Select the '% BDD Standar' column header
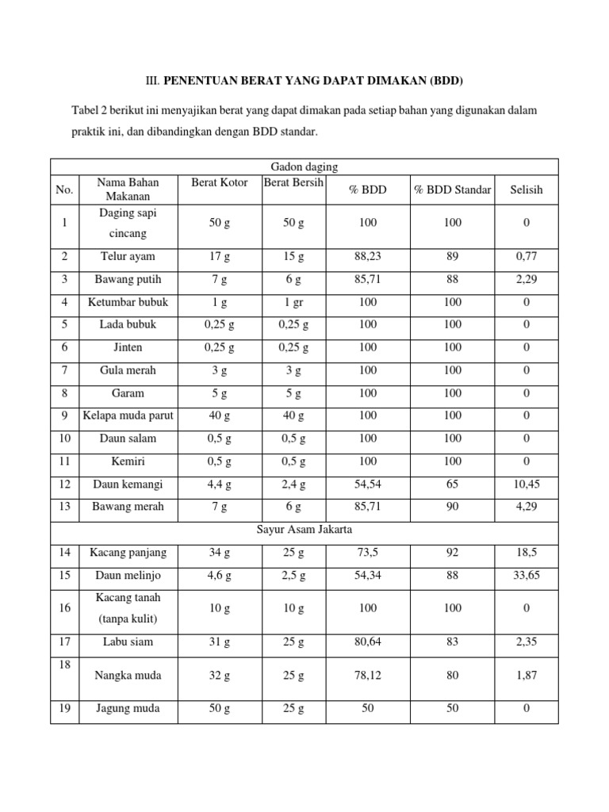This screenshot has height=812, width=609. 452,190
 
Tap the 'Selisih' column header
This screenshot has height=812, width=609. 527,190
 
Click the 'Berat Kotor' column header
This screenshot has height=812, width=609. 220,182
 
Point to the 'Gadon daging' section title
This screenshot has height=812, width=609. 304,167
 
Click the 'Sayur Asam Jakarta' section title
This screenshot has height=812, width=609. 304,530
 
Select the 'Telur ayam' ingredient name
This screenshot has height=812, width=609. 128,256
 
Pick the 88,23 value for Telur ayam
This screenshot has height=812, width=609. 368,256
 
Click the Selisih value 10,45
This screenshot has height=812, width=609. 527,484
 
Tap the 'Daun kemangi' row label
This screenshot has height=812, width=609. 128,484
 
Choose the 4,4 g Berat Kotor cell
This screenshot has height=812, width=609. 220,484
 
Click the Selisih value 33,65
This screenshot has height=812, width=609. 527,575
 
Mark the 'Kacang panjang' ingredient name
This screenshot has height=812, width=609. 128,552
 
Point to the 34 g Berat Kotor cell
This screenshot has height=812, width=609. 220,552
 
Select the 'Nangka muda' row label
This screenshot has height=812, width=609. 128,676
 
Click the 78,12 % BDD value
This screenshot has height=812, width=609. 368,676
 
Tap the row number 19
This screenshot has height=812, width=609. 64,709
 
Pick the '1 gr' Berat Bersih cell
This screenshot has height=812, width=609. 293,302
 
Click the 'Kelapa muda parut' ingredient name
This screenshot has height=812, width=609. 128,416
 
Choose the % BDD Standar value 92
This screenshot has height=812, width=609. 452,552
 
